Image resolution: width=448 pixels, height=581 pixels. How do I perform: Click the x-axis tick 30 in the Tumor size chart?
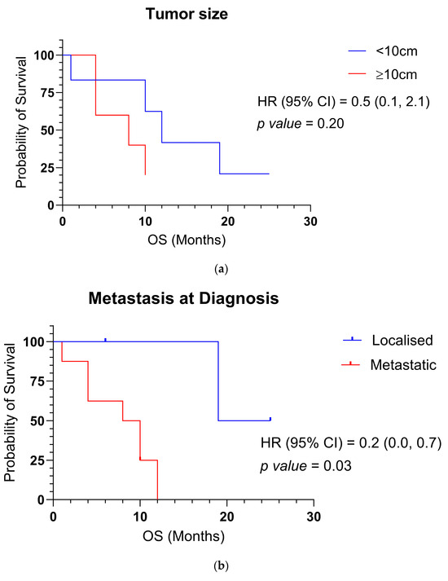pos(310,221)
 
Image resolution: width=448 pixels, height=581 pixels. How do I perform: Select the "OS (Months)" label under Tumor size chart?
pos(186,240)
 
